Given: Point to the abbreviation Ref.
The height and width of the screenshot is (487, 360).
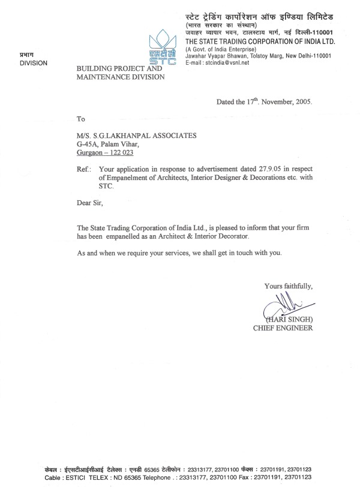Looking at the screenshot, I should tap(85, 169).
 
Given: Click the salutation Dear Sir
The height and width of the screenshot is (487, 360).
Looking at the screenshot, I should tap(90, 203).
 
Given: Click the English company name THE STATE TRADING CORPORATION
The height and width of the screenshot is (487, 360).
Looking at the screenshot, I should tap(258, 41).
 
